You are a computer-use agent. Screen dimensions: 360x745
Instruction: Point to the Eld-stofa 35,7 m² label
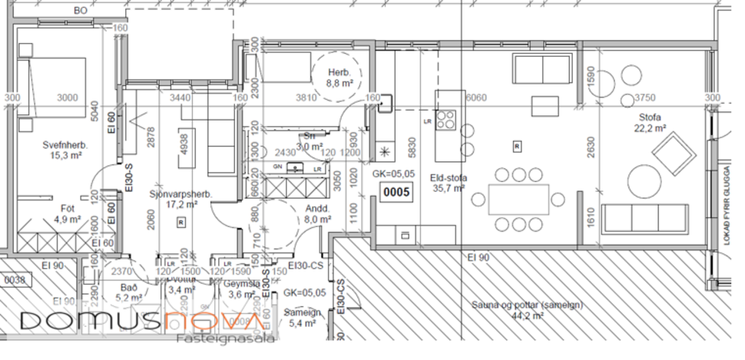[x=449, y=182]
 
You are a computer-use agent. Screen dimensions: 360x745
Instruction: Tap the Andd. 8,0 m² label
[x=316, y=213]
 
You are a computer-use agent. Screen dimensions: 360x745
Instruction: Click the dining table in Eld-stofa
[x=519, y=199]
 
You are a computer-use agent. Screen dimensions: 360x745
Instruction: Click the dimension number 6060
[x=476, y=97]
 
